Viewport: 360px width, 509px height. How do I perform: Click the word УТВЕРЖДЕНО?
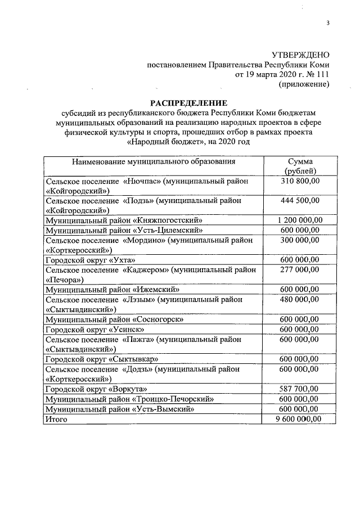point(300,55)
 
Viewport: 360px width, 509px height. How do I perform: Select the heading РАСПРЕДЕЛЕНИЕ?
point(188,102)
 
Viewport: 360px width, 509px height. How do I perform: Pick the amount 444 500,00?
point(301,200)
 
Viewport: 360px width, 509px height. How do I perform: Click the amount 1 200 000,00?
point(301,220)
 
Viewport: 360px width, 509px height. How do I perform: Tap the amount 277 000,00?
point(301,269)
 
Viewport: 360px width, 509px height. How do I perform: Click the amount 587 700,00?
point(301,389)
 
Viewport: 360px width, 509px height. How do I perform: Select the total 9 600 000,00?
point(301,418)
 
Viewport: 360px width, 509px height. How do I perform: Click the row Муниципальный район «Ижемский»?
point(112,290)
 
